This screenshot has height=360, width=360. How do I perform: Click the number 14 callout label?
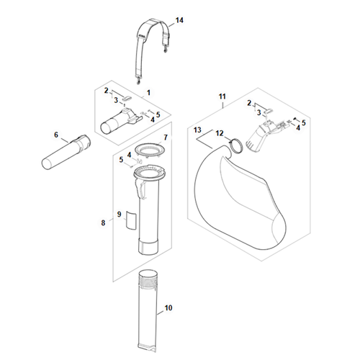(179, 20)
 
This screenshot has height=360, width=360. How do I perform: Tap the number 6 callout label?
(56, 135)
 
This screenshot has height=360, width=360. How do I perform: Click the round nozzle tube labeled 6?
(66, 153)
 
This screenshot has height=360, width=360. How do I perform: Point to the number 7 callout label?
(166, 138)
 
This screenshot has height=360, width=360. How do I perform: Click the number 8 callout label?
(103, 223)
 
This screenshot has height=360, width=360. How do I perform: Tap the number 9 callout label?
(120, 215)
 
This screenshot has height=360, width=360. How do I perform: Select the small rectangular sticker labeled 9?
(131, 221)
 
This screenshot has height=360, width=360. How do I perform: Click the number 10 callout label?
(168, 307)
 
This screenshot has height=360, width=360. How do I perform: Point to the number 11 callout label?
(222, 96)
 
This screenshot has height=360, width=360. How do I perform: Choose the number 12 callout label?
(220, 133)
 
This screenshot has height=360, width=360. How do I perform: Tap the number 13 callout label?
(197, 130)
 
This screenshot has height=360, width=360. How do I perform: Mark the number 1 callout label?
(148, 92)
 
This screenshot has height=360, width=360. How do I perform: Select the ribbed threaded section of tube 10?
(148, 281)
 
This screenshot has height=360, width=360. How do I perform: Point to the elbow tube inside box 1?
(120, 121)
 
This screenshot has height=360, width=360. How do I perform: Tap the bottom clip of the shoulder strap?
(138, 81)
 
